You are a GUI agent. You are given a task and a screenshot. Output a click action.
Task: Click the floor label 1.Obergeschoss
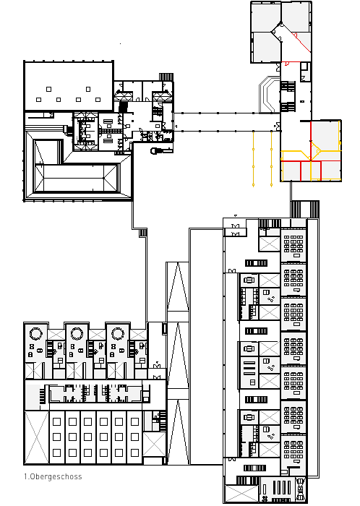(x=53, y=476)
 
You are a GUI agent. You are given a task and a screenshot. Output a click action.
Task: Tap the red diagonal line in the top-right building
(x=301, y=42)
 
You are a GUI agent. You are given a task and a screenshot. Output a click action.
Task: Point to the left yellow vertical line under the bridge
(x=253, y=158)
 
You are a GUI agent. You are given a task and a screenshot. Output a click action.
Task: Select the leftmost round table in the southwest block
(x=35, y=333)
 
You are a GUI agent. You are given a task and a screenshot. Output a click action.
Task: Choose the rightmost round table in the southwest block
(x=117, y=333)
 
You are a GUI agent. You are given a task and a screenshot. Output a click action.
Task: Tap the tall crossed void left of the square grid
(x=36, y=437)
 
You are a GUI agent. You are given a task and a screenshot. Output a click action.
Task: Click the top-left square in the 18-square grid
(x=57, y=421)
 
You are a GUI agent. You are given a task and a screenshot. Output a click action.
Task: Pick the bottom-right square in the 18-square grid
(x=135, y=453)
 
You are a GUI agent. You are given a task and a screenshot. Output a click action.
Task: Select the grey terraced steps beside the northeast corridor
(x=269, y=94)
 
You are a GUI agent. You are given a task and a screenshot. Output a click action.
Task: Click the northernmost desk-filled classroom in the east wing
(x=293, y=245)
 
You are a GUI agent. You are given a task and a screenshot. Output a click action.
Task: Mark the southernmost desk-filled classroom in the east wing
(x=293, y=452)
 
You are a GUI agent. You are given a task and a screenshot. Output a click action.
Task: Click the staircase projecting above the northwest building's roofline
(x=166, y=77)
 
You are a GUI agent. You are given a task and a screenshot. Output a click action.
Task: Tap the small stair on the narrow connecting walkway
(x=143, y=233)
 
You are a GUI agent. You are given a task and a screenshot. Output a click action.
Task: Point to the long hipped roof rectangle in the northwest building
(x=77, y=178)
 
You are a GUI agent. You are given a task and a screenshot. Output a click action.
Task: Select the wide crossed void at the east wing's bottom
(x=241, y=494)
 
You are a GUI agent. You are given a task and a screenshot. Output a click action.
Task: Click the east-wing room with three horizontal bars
(x=249, y=372)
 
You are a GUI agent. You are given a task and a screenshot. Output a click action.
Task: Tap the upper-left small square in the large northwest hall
(x=48, y=89)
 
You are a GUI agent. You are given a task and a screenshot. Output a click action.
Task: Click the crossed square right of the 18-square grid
(x=154, y=445)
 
